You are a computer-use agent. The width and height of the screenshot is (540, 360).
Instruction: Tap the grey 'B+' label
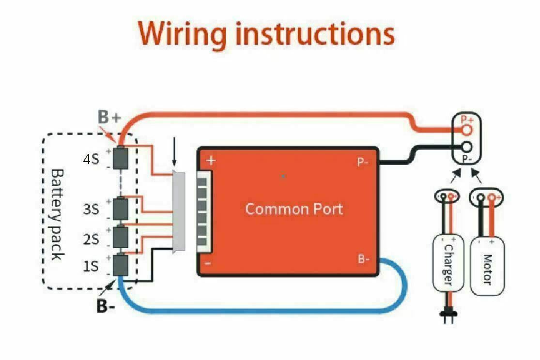click(109, 118)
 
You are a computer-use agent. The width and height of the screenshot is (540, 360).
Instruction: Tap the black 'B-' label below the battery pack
click(106, 306)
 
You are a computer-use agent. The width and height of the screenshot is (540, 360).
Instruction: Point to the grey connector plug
click(179, 212)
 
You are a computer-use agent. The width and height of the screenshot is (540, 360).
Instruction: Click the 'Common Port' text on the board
click(293, 209)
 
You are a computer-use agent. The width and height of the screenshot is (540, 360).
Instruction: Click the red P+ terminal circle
click(467, 130)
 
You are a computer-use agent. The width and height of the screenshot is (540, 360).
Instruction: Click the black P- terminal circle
click(467, 147)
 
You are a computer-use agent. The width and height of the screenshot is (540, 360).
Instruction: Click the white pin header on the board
click(205, 212)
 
